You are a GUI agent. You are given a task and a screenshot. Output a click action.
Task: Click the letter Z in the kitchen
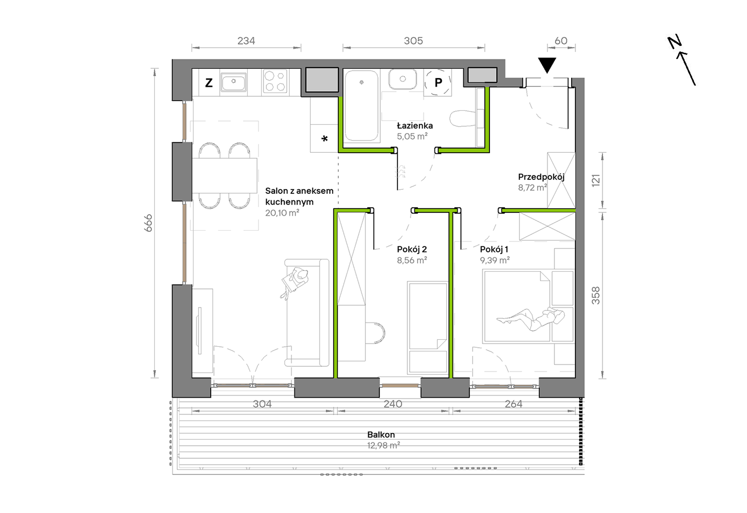(209, 82)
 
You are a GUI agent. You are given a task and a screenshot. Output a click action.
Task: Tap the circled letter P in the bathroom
(438, 82)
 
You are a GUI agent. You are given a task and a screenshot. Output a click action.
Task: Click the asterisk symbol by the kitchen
(324, 138)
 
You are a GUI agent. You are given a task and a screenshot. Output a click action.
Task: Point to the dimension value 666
(148, 223)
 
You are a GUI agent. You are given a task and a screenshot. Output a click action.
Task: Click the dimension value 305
(413, 41)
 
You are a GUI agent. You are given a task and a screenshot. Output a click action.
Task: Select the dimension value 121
(596, 180)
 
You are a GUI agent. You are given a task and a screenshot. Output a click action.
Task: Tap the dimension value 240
(393, 404)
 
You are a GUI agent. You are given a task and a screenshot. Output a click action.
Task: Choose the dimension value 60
(561, 41)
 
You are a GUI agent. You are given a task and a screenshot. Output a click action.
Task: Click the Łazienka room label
(415, 126)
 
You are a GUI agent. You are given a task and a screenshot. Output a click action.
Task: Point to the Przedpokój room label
(541, 177)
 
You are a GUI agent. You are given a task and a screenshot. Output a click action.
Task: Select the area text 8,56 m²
(412, 260)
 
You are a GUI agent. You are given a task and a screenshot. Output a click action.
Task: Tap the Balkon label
(381, 434)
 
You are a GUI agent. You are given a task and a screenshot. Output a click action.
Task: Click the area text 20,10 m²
(282, 213)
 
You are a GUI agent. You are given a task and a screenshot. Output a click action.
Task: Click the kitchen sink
(234, 82)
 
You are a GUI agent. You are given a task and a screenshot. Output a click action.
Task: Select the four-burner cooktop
(275, 81)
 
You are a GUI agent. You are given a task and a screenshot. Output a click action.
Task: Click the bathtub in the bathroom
(362, 106)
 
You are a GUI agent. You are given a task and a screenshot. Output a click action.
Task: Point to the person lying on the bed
(530, 319)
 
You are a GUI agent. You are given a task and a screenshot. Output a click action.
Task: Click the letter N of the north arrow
(675, 42)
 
